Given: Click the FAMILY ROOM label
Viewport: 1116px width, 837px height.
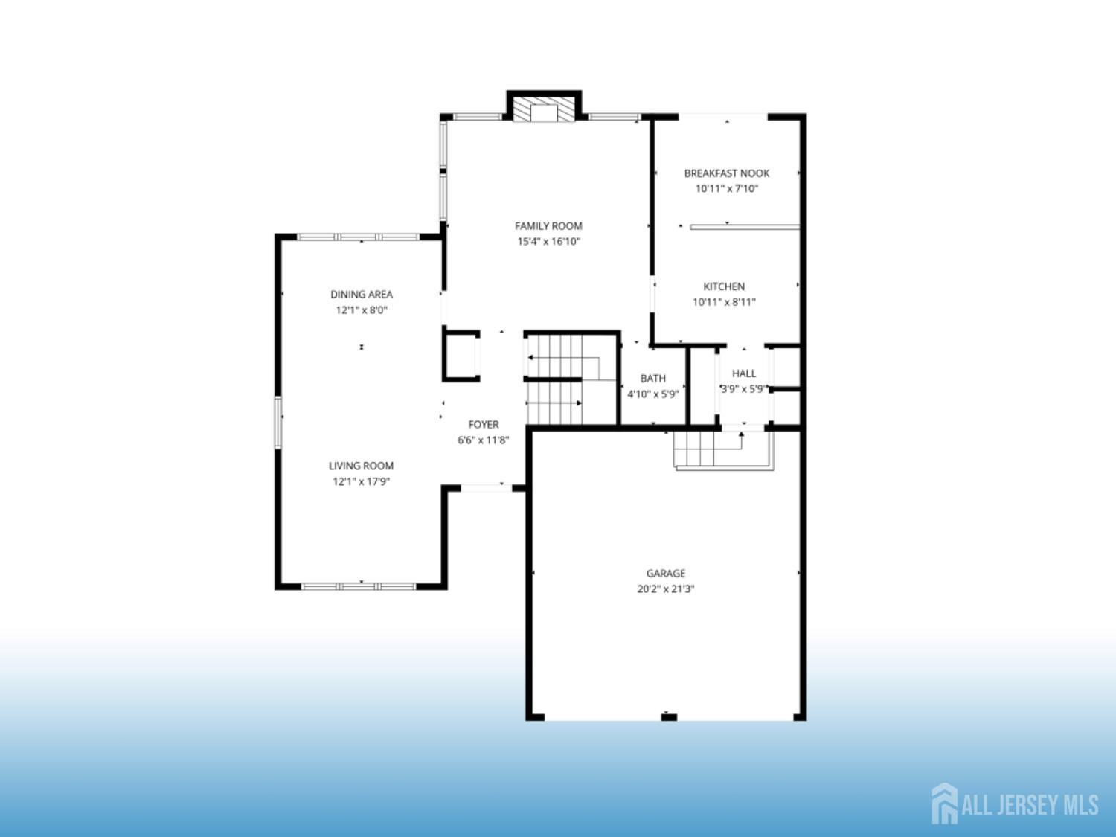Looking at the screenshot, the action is click(x=548, y=226).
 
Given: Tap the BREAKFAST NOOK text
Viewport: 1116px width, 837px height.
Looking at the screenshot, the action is click(x=727, y=173).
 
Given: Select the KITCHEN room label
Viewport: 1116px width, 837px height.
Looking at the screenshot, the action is click(x=724, y=286).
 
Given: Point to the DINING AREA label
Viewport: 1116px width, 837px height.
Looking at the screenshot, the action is click(x=362, y=294).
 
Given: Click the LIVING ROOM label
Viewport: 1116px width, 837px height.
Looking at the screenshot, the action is click(x=361, y=466).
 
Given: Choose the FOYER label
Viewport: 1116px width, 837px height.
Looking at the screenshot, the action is click(x=484, y=424).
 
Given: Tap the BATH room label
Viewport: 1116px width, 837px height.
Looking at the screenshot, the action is click(x=652, y=379).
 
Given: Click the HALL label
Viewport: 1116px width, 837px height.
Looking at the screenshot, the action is click(x=744, y=373).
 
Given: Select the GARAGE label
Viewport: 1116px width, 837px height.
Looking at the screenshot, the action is click(x=666, y=573).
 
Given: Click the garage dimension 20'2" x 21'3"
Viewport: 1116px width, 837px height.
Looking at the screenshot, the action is click(x=666, y=589).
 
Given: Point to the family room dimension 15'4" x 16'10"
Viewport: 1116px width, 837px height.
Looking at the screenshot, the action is click(x=548, y=241).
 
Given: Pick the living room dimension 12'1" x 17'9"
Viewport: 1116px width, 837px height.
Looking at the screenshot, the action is click(x=361, y=481).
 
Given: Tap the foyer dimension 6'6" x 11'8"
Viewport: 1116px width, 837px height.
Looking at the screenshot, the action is click(x=483, y=440).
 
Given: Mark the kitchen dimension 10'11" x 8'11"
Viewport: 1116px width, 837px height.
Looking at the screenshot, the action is click(x=724, y=302).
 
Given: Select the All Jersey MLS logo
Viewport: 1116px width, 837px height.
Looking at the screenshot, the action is click(x=1015, y=804).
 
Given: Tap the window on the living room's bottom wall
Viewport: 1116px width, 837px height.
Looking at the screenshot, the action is click(x=359, y=586).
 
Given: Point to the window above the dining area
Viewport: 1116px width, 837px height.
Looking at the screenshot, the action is click(x=359, y=237).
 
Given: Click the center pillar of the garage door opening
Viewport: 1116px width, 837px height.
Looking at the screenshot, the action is click(x=669, y=717).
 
